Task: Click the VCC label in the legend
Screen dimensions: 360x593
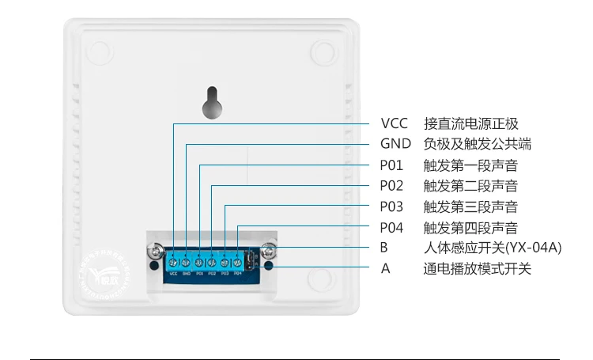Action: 394,123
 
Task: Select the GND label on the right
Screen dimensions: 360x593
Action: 395,144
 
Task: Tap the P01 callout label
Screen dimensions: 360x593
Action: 391,165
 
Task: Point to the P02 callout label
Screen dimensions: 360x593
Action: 391,186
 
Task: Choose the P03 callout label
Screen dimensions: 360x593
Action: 391,207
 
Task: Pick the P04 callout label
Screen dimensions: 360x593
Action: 391,228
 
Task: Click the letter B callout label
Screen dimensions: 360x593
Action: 384,248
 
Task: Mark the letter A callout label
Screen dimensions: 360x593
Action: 385,268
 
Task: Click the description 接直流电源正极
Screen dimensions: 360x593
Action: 470,123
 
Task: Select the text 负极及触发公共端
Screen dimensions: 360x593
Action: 477,144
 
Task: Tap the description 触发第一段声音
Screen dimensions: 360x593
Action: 470,165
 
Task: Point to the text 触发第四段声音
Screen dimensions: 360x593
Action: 470,228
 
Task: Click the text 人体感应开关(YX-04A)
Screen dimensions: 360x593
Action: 492,248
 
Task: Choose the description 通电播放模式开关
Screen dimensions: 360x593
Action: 477,268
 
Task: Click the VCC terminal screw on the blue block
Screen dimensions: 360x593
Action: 173,261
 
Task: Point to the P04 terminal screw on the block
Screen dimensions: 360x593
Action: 237,261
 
